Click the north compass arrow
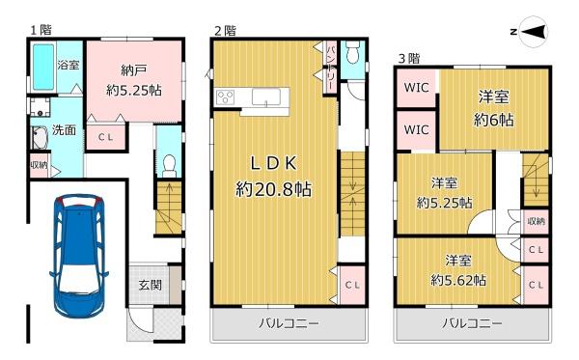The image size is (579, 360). pos(534,32)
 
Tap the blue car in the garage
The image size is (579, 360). pos(79,258)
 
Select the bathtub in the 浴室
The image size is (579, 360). pos(43,67)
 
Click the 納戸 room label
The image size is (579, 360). pos(134,70)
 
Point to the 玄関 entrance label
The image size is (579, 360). pos(150,285)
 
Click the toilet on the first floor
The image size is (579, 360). pos(169,166)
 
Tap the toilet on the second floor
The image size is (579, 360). pos(352,52)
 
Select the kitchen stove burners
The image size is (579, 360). pos(225,97)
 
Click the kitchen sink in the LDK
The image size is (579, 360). pos(266,97)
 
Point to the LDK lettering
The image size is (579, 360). pos(274,163)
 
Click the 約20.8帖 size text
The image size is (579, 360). pos(274,189)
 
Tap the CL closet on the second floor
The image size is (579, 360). pos(352,285)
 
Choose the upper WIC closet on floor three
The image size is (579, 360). pos(416,88)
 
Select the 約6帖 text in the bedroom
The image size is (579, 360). pos(494,120)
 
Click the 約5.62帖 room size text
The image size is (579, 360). pos(458,280)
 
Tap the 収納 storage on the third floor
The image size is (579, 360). pos(537,222)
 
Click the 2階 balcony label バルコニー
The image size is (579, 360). pos(289,324)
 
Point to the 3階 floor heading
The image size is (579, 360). pos(409,58)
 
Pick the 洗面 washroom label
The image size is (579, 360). pos(64,130)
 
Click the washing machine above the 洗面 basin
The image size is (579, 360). pos(40,107)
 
